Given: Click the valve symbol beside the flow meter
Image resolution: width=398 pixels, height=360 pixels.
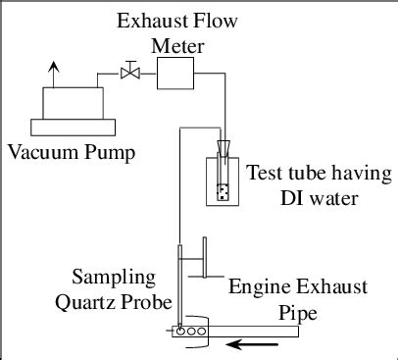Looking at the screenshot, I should tap(127, 71).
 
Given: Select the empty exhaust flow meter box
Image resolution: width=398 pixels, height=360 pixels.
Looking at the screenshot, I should tap(175, 72).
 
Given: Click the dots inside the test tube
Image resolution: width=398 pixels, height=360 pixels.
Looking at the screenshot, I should tap(222, 191).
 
